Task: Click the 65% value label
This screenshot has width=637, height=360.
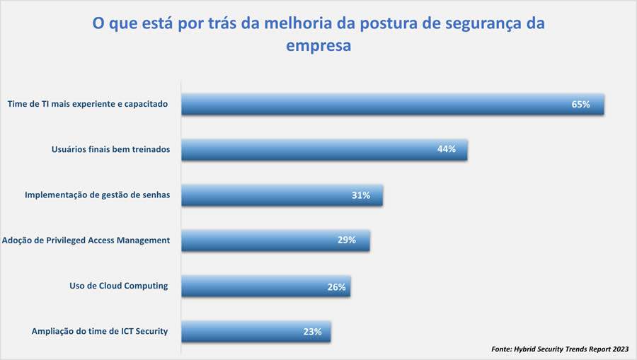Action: click(580, 104)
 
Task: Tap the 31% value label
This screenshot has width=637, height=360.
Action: click(361, 195)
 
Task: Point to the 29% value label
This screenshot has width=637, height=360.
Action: click(347, 240)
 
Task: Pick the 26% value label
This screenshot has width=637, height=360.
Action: click(336, 286)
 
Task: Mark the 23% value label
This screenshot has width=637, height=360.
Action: click(313, 331)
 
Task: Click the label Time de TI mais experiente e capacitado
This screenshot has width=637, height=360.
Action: click(87, 104)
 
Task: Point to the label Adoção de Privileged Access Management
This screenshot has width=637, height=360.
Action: click(86, 240)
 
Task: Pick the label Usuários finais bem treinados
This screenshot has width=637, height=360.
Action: click(110, 149)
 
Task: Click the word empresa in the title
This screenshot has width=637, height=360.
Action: click(318, 46)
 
